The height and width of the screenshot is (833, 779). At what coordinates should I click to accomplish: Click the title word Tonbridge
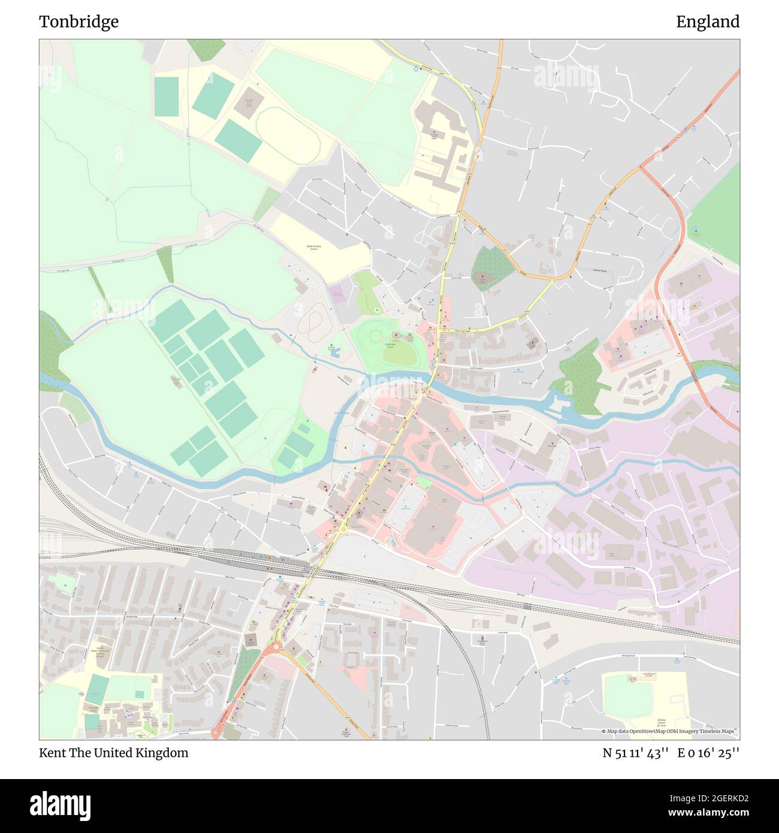tap(78, 22)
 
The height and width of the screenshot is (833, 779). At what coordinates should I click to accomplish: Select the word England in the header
tap(707, 22)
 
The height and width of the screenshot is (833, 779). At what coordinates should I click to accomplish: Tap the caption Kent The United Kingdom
tap(113, 753)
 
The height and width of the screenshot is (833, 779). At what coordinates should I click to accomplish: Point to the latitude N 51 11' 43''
tap(635, 753)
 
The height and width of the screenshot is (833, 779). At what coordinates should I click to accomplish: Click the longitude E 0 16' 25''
tap(708, 753)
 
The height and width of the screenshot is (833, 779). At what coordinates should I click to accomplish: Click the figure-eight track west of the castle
tap(310, 323)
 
